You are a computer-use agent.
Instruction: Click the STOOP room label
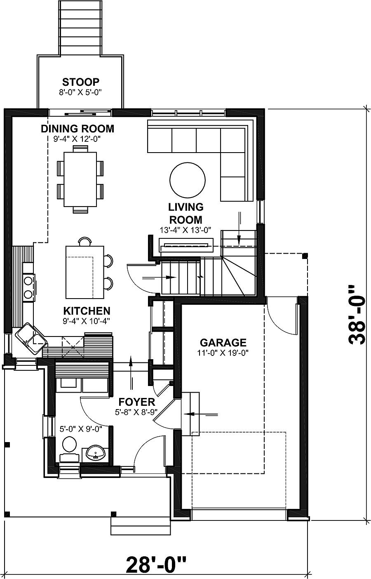[x=80, y=82]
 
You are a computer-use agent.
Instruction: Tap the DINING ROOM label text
[x=77, y=129]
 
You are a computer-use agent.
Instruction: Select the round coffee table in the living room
[x=187, y=180]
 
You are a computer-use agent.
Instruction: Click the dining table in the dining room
[x=80, y=179]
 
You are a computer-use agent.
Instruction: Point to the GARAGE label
[x=223, y=343]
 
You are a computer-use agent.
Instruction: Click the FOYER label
[x=136, y=402]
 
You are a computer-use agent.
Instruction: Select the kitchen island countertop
[x=85, y=272]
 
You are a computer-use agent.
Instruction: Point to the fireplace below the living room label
[x=186, y=245]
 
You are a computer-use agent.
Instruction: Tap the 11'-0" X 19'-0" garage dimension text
[x=223, y=353]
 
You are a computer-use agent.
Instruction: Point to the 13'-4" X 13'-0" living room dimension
[x=186, y=230]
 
